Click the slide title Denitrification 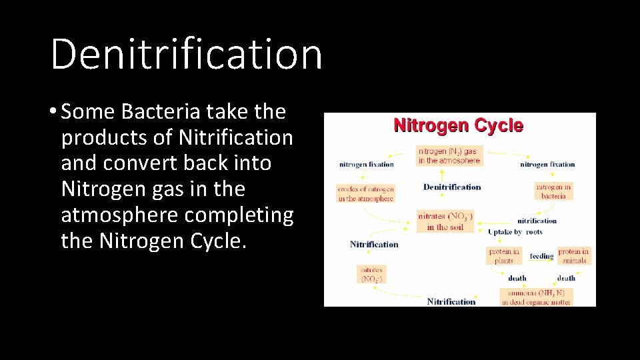pos(186,53)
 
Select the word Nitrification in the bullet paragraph pos(236,137)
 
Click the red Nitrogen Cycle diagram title pos(458,125)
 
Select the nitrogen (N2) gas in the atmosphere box pos(449,156)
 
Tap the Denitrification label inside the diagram pos(451,187)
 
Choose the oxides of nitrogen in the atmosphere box pos(365,193)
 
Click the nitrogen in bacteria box pos(553,191)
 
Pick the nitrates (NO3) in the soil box pos(445,221)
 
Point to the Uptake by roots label pos(515,232)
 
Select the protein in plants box pos(504,256)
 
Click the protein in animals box pos(573,256)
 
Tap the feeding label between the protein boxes pos(541,256)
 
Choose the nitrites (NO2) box pos(371,274)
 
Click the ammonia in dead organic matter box pos(536,297)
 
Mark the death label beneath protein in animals pos(566,278)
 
